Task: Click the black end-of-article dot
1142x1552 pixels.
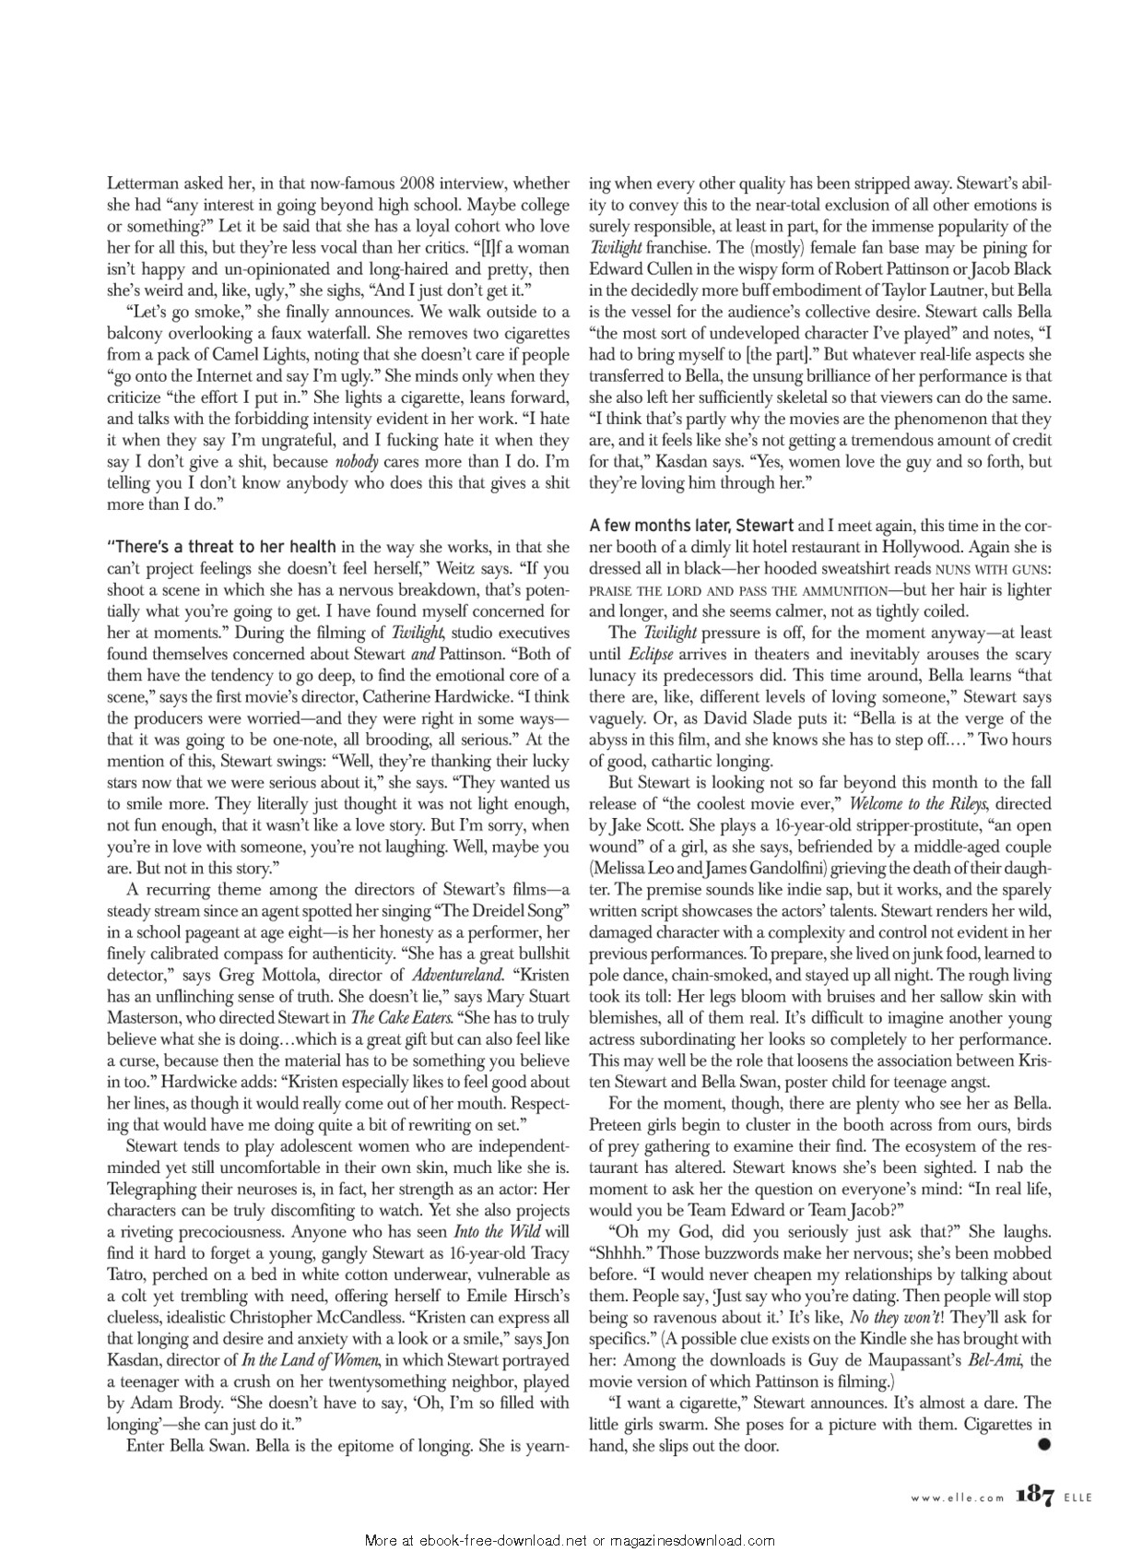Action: click(x=1044, y=1445)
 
